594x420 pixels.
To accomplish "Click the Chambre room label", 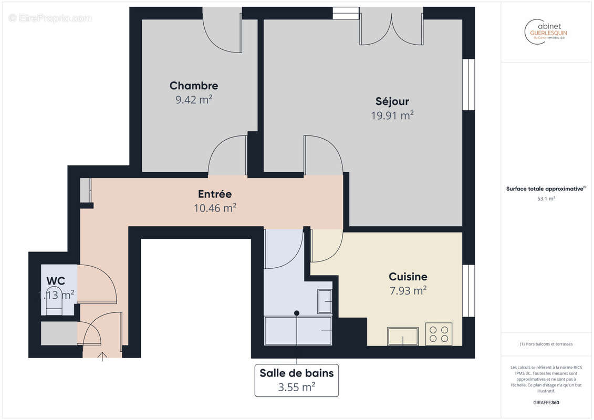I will pos(193,86).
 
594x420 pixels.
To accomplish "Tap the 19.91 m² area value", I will pos(392,115).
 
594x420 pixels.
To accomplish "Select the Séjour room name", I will pos(392,101).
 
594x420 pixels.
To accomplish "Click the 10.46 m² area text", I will pos(214,208).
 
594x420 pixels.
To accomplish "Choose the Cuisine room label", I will pos(408,276).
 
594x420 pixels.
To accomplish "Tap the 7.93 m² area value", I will pos(408,290).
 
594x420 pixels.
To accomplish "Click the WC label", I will pos(56,280).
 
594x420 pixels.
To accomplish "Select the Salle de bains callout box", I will pos(297,380).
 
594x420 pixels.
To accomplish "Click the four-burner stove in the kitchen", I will pos(439,334).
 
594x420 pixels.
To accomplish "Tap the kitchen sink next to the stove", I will pos(403,336).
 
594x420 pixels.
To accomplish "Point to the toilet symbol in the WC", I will pos(54,301).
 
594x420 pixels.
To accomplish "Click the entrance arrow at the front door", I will pos(102,356).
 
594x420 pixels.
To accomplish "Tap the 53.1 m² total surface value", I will pos(546,199).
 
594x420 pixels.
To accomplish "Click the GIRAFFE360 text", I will pos(546,403).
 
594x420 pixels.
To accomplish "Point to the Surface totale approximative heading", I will pos(546,188).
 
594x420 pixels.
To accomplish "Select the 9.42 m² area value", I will pos(193,100).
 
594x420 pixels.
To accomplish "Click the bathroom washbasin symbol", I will pos(325,301).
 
